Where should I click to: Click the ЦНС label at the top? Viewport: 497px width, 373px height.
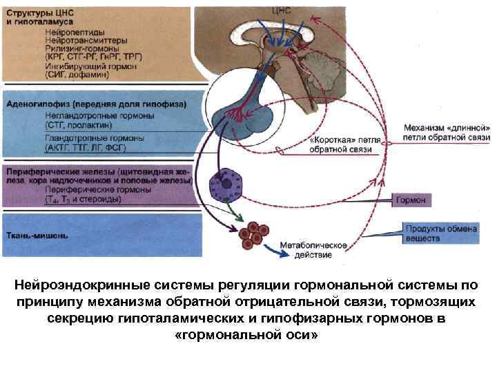coord(283,10)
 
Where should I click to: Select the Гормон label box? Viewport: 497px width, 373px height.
coord(412,200)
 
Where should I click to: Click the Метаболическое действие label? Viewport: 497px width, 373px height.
coord(313,249)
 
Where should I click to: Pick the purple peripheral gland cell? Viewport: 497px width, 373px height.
coord(224,184)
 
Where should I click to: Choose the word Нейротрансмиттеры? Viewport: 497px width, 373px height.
coord(85,41)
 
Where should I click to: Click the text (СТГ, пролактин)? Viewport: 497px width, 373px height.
coord(77,126)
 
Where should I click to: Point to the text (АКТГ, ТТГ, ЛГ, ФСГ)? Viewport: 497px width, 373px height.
coord(95,147)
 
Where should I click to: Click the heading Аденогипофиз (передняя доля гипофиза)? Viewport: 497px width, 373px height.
coord(95,105)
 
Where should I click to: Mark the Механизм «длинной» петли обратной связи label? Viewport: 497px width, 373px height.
coord(447,133)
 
